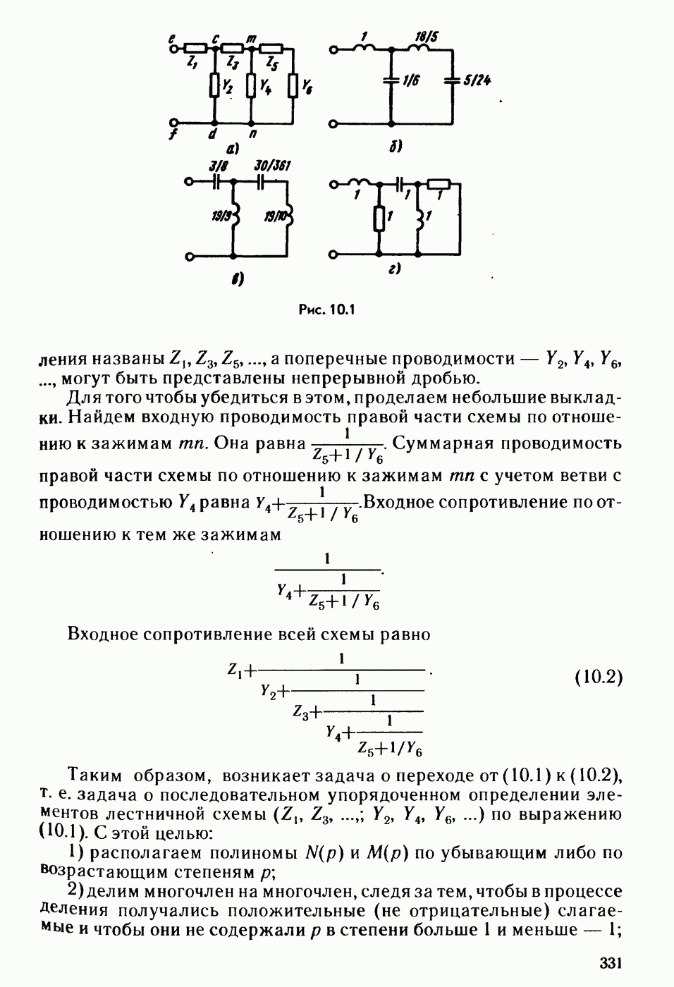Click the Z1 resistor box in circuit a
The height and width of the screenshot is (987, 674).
click(197, 49)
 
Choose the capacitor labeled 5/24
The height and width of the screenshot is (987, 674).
click(451, 81)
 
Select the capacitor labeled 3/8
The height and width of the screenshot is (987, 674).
click(217, 180)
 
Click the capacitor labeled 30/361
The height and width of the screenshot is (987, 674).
click(261, 180)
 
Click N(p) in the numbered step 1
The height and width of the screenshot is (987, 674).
click(324, 853)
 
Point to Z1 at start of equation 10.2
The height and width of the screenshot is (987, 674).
click(235, 670)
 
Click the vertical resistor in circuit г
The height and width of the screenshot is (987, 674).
click(379, 218)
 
